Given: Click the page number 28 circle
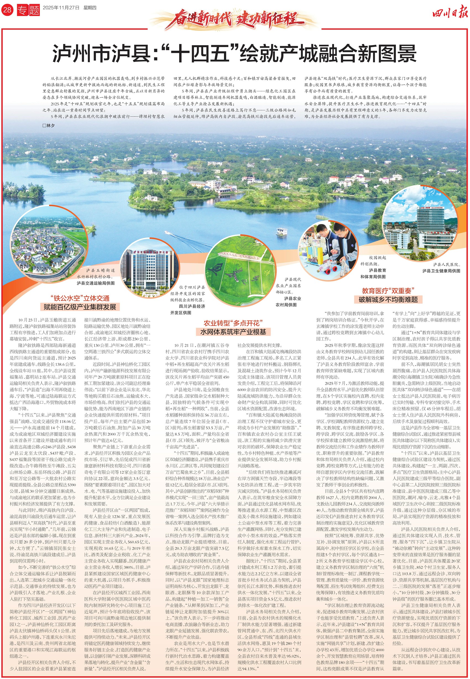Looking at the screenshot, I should point(7,10).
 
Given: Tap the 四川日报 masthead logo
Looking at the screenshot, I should point(450,14).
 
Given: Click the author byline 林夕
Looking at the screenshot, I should point(49,126).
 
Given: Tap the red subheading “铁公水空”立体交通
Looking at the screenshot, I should point(80,298).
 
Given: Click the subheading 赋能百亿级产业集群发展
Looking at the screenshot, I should point(80,307).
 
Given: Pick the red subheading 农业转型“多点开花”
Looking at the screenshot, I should point(233,323).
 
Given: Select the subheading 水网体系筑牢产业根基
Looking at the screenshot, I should point(233,331).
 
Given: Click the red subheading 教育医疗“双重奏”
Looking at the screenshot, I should point(388,291).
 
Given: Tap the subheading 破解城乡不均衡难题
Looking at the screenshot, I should point(388,300).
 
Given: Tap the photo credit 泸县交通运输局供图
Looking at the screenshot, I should point(96,283).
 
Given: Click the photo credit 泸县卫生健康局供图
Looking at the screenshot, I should point(441,271).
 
